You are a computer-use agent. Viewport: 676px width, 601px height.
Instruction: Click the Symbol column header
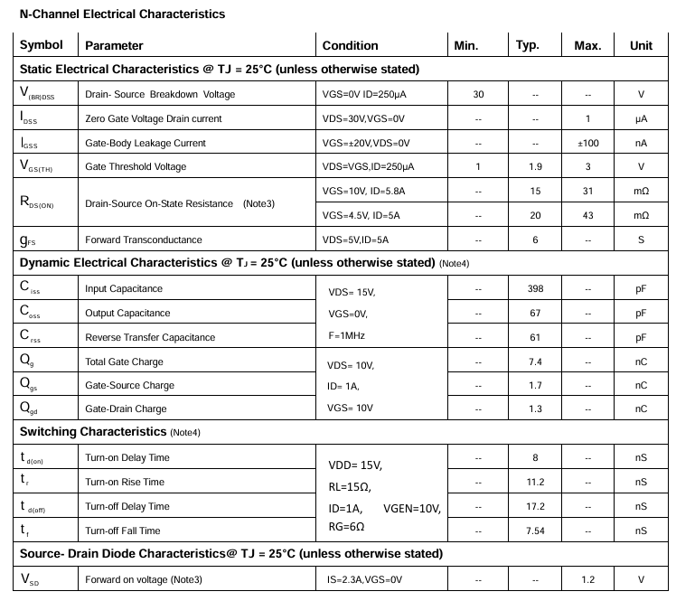pyautogui.click(x=42, y=45)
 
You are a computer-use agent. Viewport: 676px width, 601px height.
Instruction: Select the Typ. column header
pyautogui.click(x=527, y=46)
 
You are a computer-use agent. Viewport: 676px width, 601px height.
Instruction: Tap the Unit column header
pyautogui.click(x=641, y=46)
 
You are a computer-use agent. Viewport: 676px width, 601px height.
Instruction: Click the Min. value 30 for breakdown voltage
pyautogui.click(x=478, y=94)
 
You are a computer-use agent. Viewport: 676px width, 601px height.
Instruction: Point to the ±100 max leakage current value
pyautogui.click(x=587, y=143)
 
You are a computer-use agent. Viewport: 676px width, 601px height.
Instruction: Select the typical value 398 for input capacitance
pyautogui.click(x=535, y=288)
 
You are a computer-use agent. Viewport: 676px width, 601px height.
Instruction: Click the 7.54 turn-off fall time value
pyautogui.click(x=535, y=531)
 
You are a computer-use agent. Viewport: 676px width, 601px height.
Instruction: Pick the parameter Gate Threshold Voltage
pyautogui.click(x=136, y=166)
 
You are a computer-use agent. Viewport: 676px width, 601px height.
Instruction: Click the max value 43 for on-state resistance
pyautogui.click(x=587, y=215)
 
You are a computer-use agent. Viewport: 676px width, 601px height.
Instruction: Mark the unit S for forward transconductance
pyautogui.click(x=641, y=239)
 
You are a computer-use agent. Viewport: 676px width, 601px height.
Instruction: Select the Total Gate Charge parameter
pyautogui.click(x=124, y=362)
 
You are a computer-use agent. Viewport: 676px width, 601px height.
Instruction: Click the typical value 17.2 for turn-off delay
pyautogui.click(x=535, y=506)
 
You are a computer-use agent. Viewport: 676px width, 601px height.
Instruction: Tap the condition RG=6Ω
pyautogui.click(x=346, y=526)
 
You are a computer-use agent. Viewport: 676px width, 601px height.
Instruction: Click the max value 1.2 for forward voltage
pyautogui.click(x=587, y=579)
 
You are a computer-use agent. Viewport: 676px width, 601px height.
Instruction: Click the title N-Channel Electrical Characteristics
pyautogui.click(x=122, y=14)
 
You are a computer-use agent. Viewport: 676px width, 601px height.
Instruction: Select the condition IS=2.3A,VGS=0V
pyautogui.click(x=364, y=579)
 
